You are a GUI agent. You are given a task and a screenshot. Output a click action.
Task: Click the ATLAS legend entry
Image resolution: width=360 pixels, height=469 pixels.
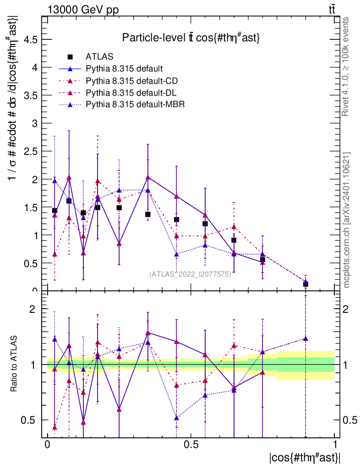click(x=99, y=57)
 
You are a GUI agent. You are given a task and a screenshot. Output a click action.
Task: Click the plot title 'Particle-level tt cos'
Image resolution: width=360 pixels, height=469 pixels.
click(x=191, y=38)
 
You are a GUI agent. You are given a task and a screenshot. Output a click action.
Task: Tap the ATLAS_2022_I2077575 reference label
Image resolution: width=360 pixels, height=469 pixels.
click(x=190, y=274)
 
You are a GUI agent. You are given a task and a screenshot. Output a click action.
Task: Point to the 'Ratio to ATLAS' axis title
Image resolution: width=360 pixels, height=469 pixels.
click(x=15, y=364)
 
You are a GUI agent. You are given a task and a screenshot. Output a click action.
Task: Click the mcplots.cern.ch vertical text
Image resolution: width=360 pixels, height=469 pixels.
click(x=347, y=220)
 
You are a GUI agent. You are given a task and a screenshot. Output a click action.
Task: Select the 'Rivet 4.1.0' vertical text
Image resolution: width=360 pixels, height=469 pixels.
click(x=347, y=66)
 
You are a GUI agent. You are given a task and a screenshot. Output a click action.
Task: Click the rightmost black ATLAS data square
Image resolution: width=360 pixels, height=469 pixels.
click(x=305, y=284)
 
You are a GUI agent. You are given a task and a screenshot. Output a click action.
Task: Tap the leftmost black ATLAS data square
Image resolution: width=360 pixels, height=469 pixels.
click(x=55, y=211)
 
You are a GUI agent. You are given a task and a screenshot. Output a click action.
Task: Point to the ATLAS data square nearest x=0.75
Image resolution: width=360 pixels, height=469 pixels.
click(x=262, y=260)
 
